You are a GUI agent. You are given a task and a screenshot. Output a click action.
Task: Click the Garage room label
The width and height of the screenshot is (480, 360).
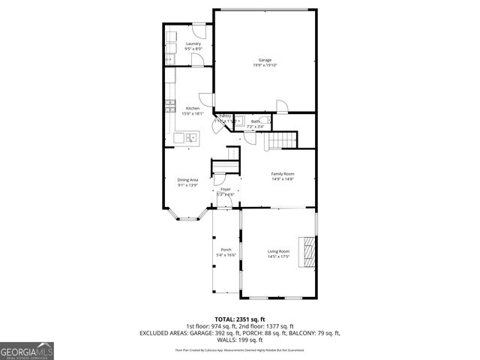[x=265, y=60]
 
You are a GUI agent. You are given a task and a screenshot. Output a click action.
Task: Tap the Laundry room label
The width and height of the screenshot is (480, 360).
[x=193, y=44]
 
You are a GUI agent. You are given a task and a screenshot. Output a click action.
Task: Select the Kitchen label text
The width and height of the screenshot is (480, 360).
[x=193, y=109]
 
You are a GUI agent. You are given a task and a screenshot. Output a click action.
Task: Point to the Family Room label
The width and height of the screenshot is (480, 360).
[x=282, y=174]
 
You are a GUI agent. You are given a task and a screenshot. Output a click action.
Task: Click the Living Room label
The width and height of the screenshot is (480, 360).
[x=279, y=251]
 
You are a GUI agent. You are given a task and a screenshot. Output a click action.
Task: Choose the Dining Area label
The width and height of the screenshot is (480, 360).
[x=187, y=180]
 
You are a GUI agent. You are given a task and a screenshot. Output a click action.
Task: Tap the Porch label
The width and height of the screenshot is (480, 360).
[x=226, y=250]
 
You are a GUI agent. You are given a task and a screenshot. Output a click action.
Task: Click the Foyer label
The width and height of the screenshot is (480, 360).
[x=226, y=189]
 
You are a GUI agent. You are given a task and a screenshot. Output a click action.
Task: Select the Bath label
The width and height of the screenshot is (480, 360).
[x=255, y=121]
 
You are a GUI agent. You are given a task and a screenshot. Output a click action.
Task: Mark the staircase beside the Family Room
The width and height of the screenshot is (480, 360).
[x=281, y=140]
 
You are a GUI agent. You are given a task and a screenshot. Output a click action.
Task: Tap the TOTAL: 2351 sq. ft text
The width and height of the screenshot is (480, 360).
[x=239, y=319]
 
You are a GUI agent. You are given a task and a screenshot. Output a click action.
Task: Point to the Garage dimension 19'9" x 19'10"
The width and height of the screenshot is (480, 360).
[x=265, y=65]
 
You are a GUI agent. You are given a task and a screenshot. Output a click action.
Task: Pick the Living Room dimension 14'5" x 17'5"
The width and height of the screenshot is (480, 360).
[x=279, y=256]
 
